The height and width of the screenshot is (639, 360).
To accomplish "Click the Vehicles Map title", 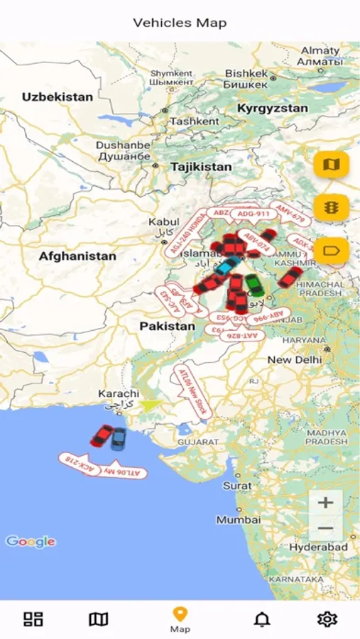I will [x=180, y=23].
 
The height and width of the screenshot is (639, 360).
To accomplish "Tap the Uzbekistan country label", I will [x=58, y=97].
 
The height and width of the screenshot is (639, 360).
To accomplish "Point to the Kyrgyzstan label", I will [x=273, y=109].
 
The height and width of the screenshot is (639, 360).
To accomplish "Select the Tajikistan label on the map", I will [x=201, y=167].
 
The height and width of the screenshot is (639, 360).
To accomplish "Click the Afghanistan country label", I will [x=77, y=256].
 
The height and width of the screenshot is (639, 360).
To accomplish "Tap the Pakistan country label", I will [x=167, y=326].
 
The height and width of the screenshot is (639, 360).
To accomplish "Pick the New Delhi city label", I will [x=294, y=360].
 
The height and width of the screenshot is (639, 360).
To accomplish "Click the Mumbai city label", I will [x=238, y=520].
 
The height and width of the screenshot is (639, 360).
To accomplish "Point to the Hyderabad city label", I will [x=318, y=547].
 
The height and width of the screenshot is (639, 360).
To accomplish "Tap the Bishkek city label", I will [x=246, y=73].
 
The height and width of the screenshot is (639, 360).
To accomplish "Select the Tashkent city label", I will [x=195, y=121].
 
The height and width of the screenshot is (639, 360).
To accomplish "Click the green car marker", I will [x=253, y=285].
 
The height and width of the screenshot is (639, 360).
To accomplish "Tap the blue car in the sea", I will [x=119, y=439].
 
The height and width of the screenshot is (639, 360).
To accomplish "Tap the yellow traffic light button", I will [x=332, y=207].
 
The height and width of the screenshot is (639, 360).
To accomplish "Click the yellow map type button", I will [x=332, y=165].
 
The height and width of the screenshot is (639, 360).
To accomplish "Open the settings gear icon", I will [x=327, y=619].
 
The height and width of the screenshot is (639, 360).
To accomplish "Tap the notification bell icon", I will [x=262, y=619].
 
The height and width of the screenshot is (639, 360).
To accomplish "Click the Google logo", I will [x=31, y=542].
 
